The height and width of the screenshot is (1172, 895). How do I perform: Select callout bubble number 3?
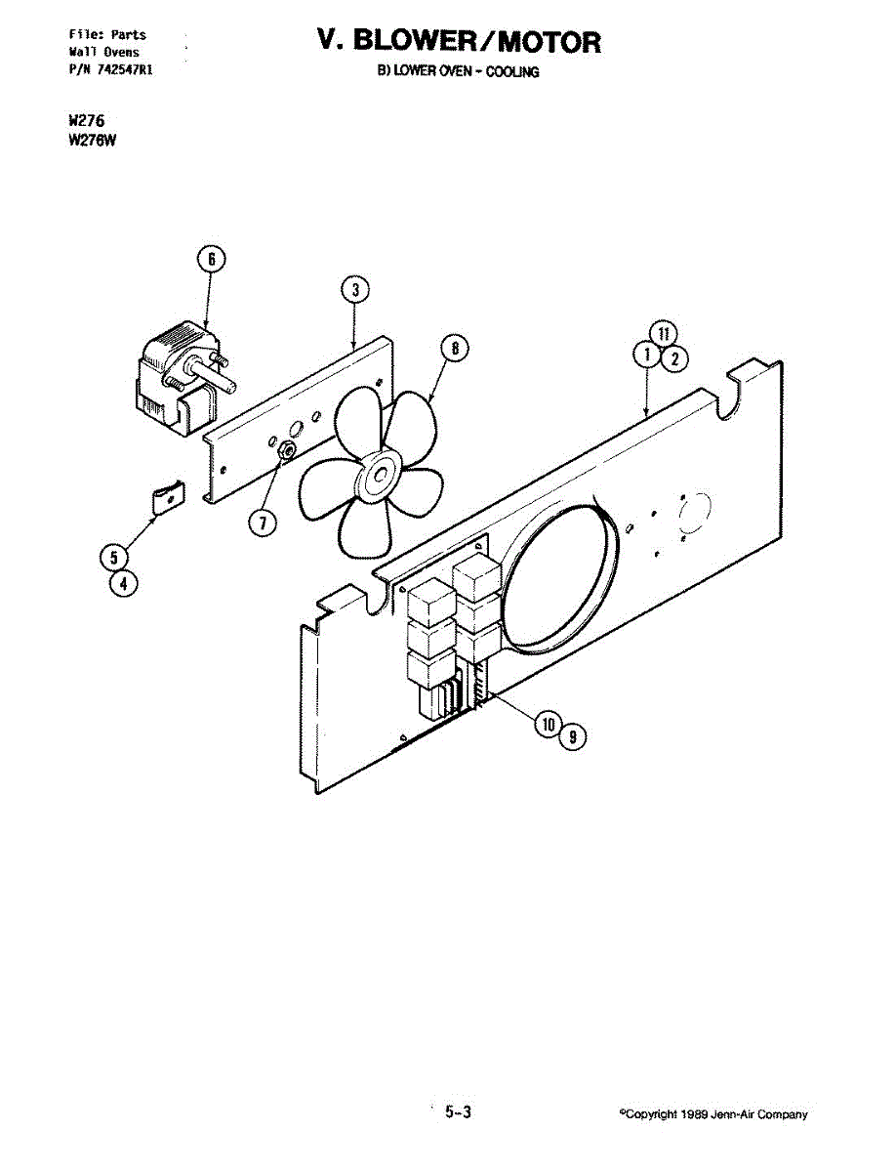coord(355,288)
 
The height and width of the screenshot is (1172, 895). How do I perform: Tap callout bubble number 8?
coord(454,348)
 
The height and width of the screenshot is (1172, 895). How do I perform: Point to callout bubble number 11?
coord(663,333)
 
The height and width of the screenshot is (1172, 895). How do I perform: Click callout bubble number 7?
coord(261,523)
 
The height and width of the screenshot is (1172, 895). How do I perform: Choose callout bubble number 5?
coord(115,558)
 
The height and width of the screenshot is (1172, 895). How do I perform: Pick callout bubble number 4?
coord(123,583)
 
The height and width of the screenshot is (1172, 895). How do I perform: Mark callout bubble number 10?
coord(547,724)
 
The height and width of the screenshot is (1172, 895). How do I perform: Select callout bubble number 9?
coord(573,737)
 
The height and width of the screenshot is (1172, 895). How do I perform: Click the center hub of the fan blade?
coord(376,478)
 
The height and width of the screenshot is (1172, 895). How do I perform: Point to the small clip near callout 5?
coord(168,497)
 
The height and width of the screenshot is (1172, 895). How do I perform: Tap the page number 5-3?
coord(458,1111)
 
